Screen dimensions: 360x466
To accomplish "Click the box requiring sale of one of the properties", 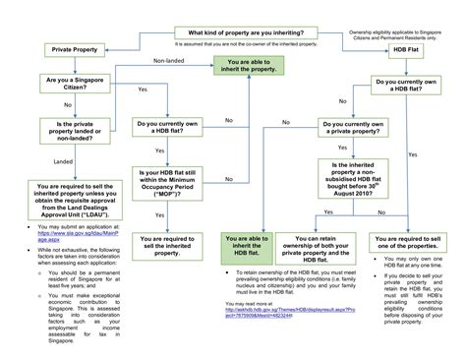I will pos(410,241).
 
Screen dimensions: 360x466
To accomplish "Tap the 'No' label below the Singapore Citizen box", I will pos(67,104).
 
